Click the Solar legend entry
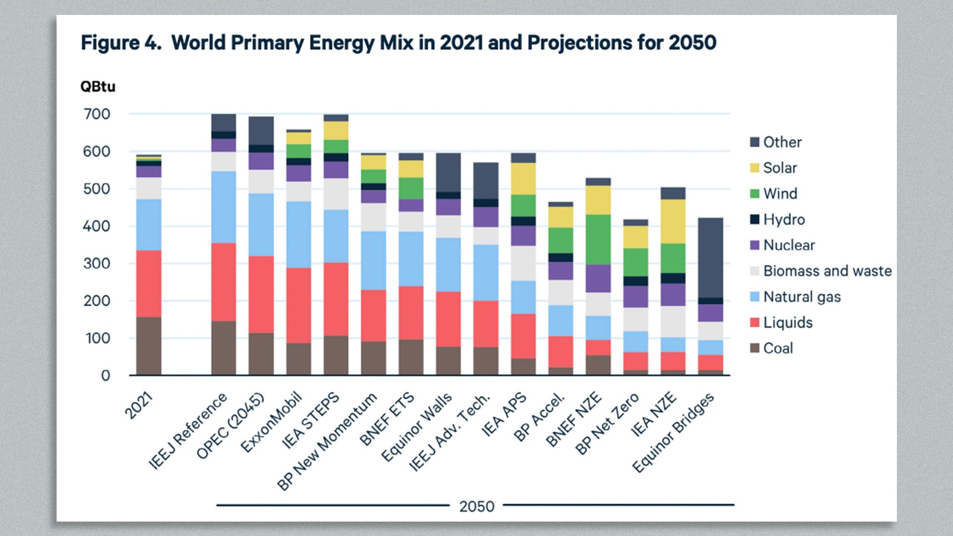(x=780, y=168)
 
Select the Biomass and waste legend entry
(x=827, y=271)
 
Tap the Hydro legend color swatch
(x=754, y=219)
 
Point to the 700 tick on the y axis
(x=97, y=114)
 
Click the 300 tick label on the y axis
(x=97, y=264)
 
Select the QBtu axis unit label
(x=98, y=87)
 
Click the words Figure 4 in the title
(x=121, y=43)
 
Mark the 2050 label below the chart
(x=476, y=506)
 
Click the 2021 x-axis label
(x=139, y=405)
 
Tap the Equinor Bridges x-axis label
(x=674, y=432)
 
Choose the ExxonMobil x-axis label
(x=272, y=422)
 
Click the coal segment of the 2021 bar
(x=149, y=346)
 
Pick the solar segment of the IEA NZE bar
(x=673, y=221)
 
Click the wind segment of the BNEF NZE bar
(x=598, y=239)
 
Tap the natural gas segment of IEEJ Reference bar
(x=223, y=207)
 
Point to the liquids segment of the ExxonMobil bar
(x=298, y=305)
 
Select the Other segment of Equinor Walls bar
(x=448, y=172)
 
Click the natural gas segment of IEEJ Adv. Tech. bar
(x=486, y=272)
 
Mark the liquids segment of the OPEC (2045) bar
(x=261, y=294)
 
